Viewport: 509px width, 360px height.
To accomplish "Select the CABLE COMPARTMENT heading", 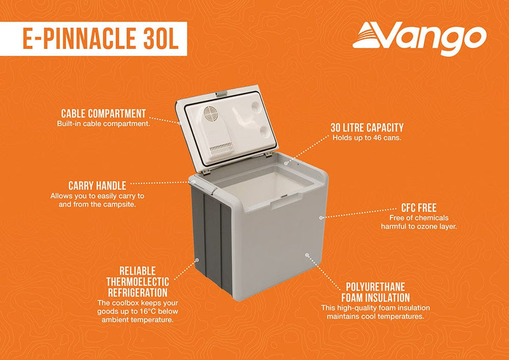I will [x=103, y=114].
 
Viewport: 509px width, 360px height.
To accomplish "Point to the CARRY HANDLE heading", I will [x=97, y=185].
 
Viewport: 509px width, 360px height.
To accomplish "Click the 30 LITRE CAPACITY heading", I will [x=367, y=128].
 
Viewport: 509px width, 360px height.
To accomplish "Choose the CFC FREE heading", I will [x=419, y=208].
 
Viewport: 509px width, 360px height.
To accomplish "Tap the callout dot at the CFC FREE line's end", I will [x=321, y=218].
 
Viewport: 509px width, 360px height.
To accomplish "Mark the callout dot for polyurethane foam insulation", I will [x=306, y=254].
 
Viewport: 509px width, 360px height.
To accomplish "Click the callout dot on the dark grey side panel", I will [x=197, y=260].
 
